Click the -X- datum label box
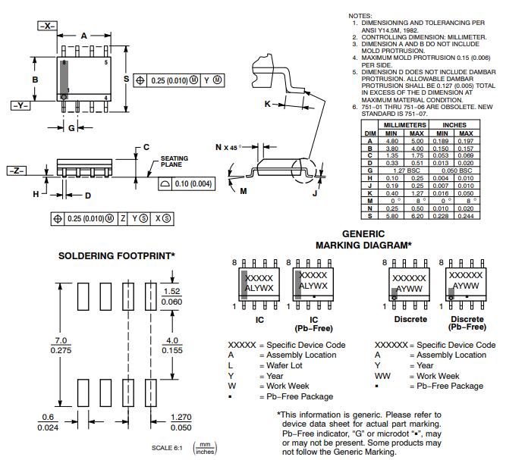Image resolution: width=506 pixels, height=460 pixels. (x=47, y=26)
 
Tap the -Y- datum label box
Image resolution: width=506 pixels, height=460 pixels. (x=20, y=105)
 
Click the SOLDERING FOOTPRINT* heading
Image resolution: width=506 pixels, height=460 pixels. (x=117, y=256)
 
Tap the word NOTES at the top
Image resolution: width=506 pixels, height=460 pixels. (x=360, y=16)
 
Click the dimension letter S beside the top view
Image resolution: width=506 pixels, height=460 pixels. (x=126, y=80)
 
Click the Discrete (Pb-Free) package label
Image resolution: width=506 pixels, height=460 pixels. (x=467, y=324)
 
